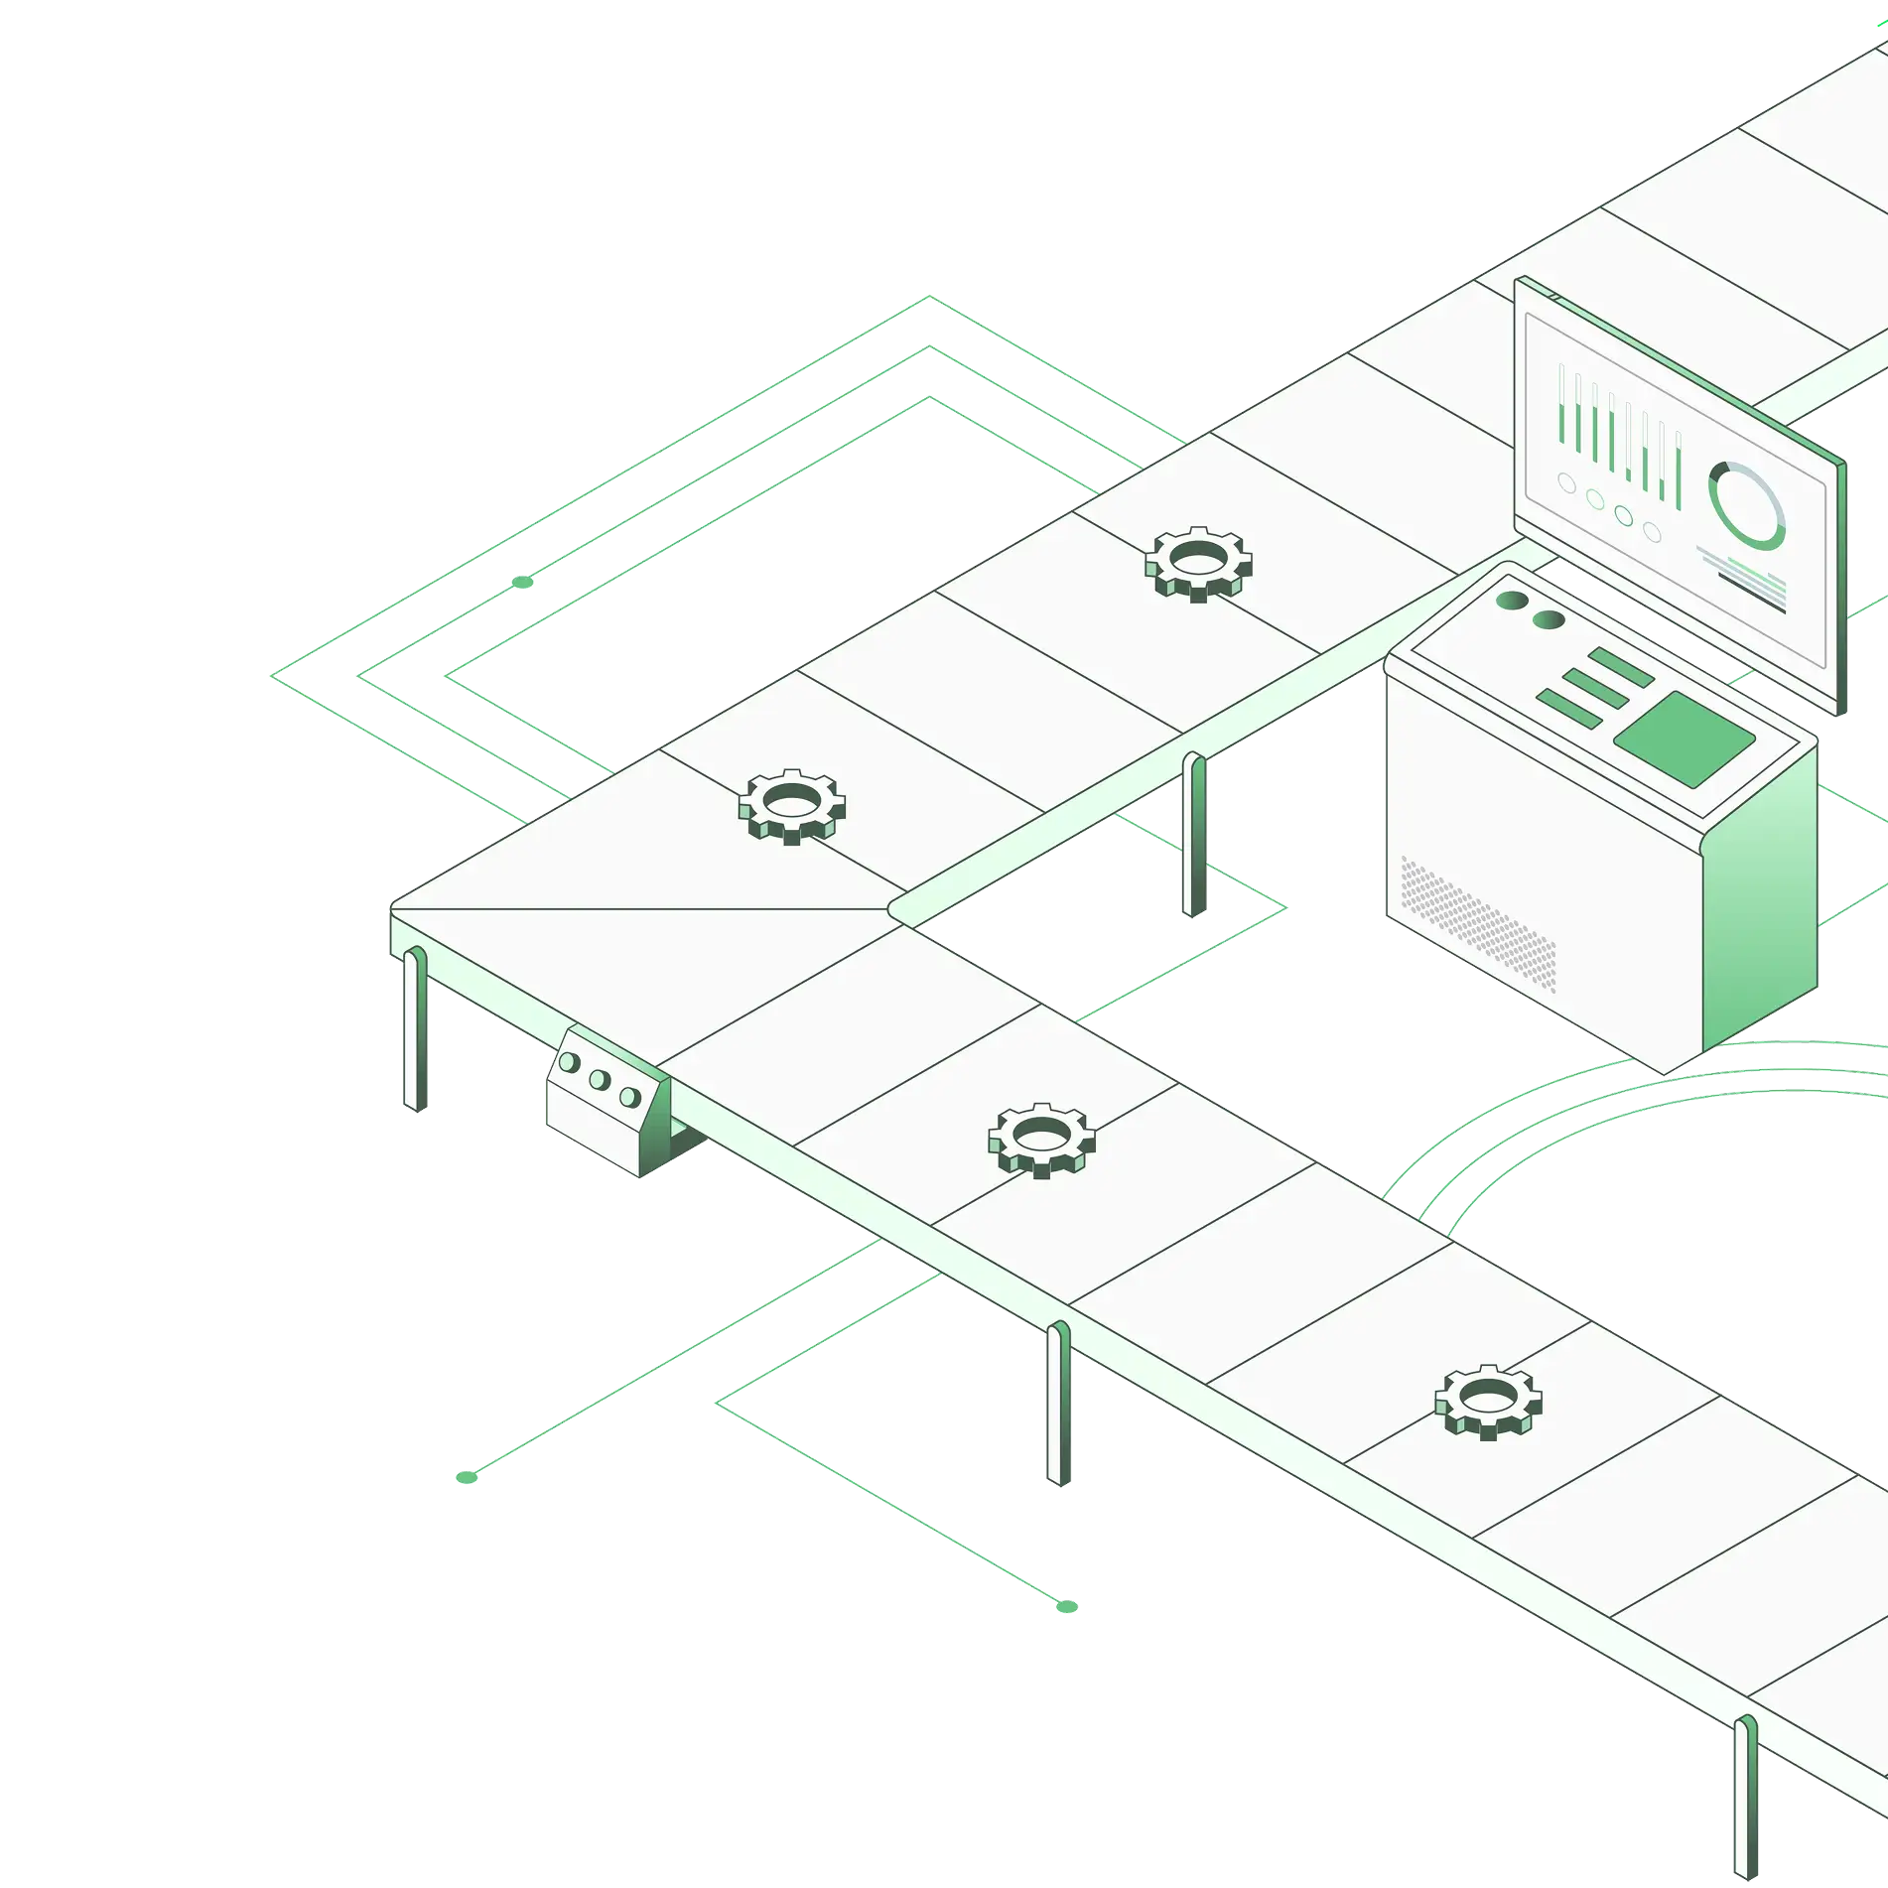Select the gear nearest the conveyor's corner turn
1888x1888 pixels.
click(791, 805)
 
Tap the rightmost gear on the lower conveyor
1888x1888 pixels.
click(1487, 1401)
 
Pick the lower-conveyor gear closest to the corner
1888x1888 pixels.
click(1041, 1139)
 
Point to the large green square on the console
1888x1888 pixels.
click(1685, 740)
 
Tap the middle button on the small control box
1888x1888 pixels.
click(599, 1079)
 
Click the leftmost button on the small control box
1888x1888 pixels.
click(569, 1062)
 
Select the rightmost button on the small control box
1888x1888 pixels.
click(628, 1097)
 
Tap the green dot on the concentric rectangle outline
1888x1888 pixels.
click(522, 582)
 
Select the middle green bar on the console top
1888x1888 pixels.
click(1595, 687)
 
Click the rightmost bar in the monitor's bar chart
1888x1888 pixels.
click(1678, 472)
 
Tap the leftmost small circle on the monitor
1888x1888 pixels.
click(1567, 483)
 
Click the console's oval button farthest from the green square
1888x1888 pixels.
click(1512, 601)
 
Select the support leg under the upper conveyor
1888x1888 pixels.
click(1192, 834)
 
